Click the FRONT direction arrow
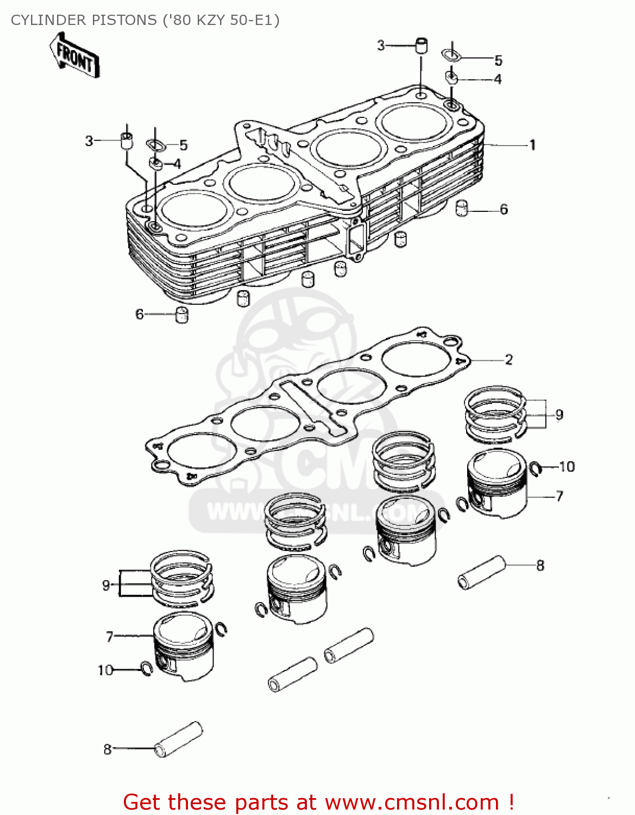[x=75, y=55]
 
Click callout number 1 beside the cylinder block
[x=532, y=145]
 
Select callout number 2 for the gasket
[x=508, y=360]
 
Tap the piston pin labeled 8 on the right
[x=481, y=572]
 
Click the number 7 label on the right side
[x=559, y=496]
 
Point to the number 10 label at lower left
[x=105, y=670]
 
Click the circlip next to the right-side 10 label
[x=536, y=468]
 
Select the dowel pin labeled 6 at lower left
[x=181, y=315]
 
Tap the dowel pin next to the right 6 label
[x=461, y=208]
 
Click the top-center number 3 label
[x=381, y=46]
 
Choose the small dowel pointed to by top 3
[x=421, y=46]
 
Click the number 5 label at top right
[x=498, y=60]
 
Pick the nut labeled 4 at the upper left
[x=156, y=163]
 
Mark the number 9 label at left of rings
[x=106, y=585]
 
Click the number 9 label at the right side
[x=559, y=415]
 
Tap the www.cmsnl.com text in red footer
[x=412, y=802]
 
